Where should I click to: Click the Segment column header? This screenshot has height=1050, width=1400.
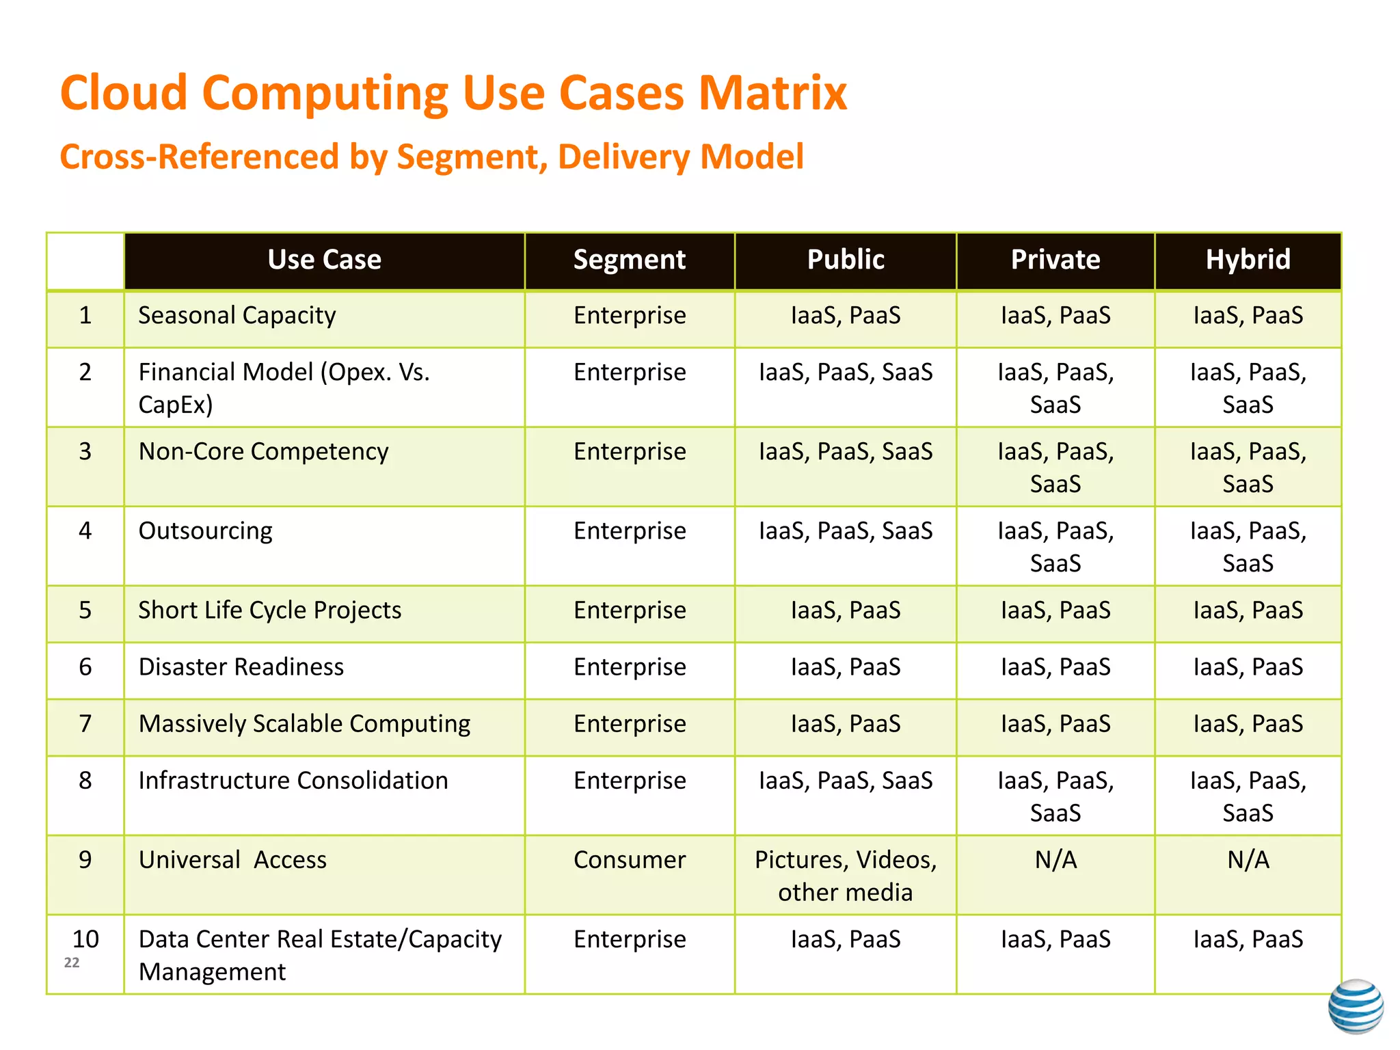(x=629, y=260)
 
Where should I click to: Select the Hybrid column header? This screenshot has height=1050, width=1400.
(x=1248, y=260)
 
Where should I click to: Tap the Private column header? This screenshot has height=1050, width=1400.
(x=1055, y=260)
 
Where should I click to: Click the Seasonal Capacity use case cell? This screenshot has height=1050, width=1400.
(x=237, y=316)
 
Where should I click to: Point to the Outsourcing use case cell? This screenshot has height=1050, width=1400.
(x=205, y=531)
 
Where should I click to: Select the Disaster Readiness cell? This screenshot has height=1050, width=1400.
(x=241, y=667)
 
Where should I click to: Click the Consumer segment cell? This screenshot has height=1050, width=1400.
(x=629, y=860)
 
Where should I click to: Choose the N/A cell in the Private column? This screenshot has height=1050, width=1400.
(x=1055, y=860)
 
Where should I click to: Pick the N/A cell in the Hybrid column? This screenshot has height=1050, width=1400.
(x=1248, y=860)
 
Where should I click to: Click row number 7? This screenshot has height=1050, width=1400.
(x=85, y=724)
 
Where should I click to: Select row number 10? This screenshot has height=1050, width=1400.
(x=85, y=939)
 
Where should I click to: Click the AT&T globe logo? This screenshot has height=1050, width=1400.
(x=1356, y=1006)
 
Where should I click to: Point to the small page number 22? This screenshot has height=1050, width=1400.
(x=72, y=963)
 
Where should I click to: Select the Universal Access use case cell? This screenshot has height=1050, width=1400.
(x=232, y=860)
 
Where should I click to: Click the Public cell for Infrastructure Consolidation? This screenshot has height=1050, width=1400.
(x=845, y=781)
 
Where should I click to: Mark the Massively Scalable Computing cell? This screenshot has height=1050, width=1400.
(x=304, y=724)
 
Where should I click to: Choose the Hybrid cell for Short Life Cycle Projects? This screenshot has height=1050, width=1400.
(x=1248, y=610)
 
